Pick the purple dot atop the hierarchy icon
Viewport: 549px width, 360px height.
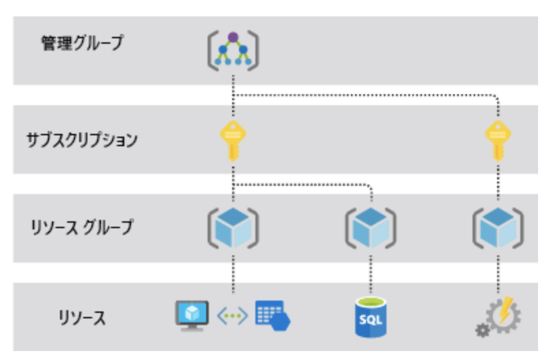point(233,37)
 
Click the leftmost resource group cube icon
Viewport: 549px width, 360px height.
point(233,227)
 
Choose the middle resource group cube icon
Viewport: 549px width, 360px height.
point(369,227)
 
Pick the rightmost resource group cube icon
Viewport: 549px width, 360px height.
point(498,227)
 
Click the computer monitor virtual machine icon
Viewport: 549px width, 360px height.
point(191,314)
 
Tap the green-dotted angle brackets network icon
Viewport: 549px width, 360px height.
point(231,316)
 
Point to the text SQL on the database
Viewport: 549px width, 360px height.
point(369,320)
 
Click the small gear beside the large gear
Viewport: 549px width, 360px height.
point(483,331)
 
